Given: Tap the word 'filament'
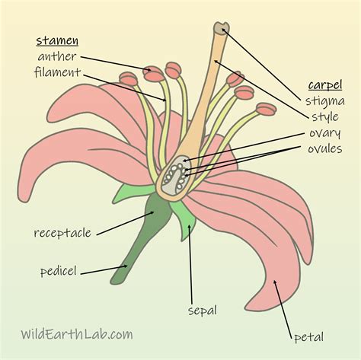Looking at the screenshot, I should [x=57, y=72].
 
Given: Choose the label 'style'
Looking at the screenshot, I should [x=325, y=116].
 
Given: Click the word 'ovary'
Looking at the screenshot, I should [x=325, y=132].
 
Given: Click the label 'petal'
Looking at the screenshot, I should [x=308, y=336].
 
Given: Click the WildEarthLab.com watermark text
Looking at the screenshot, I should [x=76, y=333].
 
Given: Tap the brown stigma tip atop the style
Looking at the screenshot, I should [x=221, y=29].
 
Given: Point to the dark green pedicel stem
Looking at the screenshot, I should [x=141, y=244].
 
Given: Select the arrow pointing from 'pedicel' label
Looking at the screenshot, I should [x=104, y=269].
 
